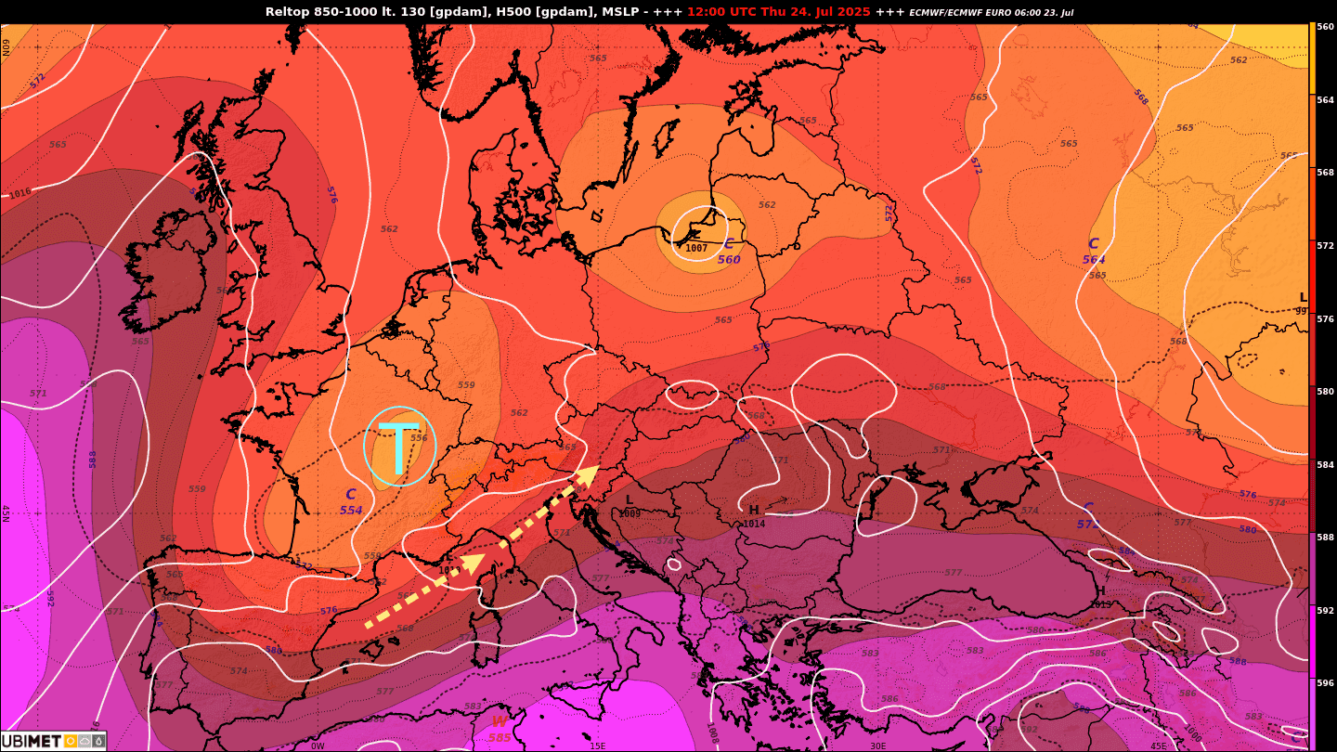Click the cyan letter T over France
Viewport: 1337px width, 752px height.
[x=399, y=447]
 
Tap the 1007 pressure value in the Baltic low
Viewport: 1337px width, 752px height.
[x=696, y=248]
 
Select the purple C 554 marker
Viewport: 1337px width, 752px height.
[x=351, y=502]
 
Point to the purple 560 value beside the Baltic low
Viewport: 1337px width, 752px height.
[x=729, y=260]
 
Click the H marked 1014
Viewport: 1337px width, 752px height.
[x=754, y=516]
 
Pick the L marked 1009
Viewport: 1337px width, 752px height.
[x=630, y=506]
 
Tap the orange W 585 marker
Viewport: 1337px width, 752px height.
[x=500, y=729]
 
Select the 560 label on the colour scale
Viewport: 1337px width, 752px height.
[x=1325, y=27]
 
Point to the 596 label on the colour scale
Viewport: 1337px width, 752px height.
[x=1325, y=683]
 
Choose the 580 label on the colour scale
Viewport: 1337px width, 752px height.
[x=1325, y=392]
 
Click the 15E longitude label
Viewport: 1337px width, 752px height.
[x=597, y=746]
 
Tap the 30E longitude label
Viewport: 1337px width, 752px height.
[x=877, y=746]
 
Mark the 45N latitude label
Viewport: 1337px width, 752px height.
[x=6, y=513]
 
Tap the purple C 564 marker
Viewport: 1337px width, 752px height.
[x=1094, y=251]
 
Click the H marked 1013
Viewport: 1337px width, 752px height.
[x=1101, y=596]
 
